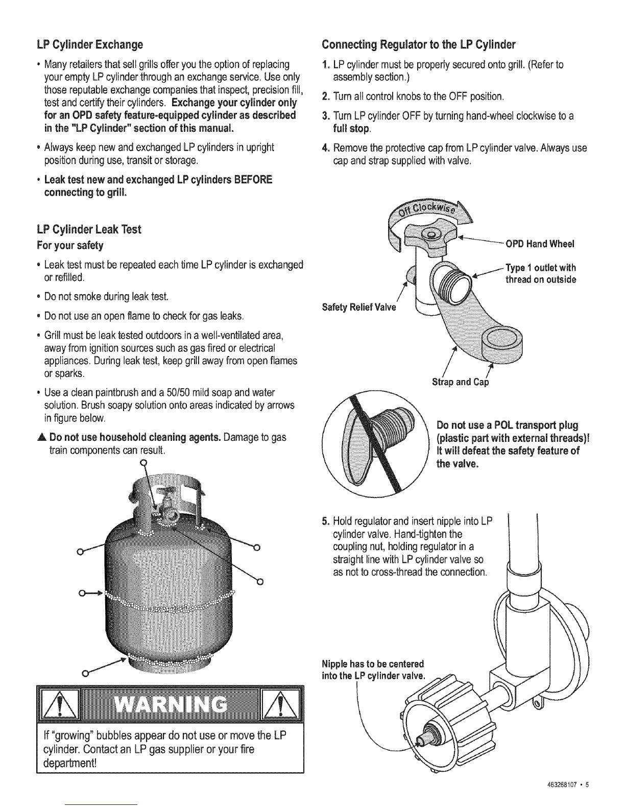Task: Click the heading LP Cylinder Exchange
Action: (x=90, y=44)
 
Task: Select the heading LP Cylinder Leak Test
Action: (x=89, y=229)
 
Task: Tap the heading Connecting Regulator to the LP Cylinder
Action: (x=418, y=44)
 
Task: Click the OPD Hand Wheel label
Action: (x=540, y=244)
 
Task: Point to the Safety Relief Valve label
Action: (x=359, y=307)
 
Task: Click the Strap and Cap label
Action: (x=460, y=382)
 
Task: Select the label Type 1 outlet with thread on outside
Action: (x=541, y=274)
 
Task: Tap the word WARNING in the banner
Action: (x=170, y=704)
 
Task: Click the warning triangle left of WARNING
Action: (x=59, y=704)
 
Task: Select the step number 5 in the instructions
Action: (x=325, y=521)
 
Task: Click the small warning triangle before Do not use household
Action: (x=41, y=437)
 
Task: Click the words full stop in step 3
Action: (x=352, y=129)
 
